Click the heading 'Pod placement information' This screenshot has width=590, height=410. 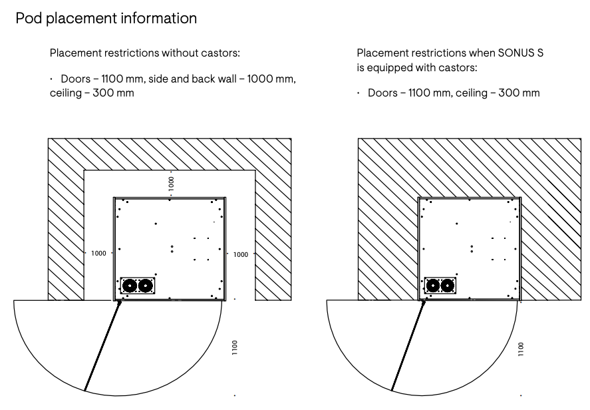click(x=106, y=19)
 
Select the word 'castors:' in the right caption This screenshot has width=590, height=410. click(x=460, y=68)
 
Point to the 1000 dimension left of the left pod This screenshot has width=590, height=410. click(x=98, y=254)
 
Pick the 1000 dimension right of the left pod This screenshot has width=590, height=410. click(x=241, y=254)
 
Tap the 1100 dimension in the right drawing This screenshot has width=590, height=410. click(x=521, y=349)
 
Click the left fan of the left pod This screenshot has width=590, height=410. click(x=130, y=286)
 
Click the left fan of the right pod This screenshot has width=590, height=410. click(x=433, y=286)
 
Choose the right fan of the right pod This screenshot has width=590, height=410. click(x=449, y=286)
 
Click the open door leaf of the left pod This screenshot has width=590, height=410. click(x=102, y=345)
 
